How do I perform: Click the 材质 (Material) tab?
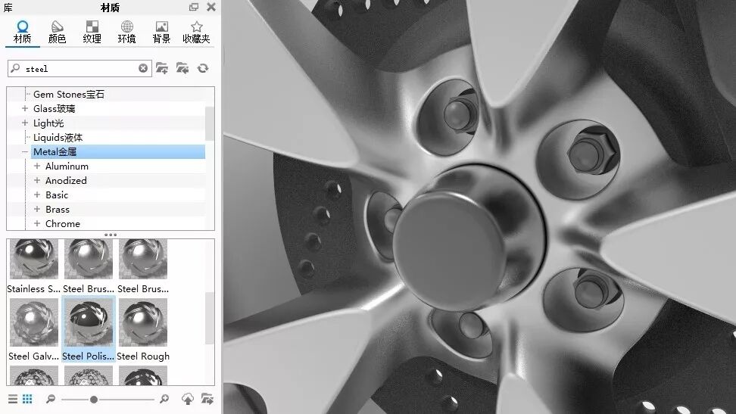[22, 32]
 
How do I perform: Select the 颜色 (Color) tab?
[57, 32]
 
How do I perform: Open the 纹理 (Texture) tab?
[92, 32]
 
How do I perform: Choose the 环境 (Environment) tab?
[126, 32]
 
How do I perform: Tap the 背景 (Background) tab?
[161, 32]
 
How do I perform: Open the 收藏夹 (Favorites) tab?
[196, 32]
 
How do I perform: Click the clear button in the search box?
[143, 69]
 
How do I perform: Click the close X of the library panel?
[211, 7]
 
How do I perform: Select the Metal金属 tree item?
[55, 151]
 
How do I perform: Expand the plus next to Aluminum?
[37, 166]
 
